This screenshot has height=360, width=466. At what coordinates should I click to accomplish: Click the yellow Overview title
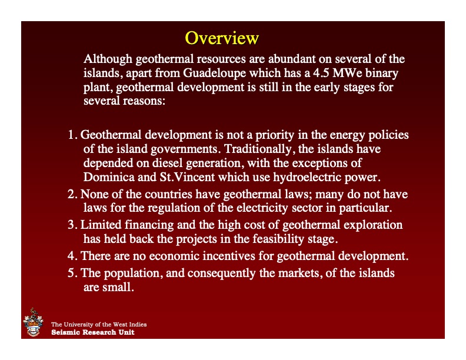(222, 38)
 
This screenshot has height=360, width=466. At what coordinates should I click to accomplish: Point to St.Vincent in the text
(195, 176)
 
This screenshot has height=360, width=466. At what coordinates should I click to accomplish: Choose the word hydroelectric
(315, 176)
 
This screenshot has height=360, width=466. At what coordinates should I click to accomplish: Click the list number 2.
(71, 194)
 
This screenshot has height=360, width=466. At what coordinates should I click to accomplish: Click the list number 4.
(71, 256)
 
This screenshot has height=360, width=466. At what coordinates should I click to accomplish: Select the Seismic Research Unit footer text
(92, 332)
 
